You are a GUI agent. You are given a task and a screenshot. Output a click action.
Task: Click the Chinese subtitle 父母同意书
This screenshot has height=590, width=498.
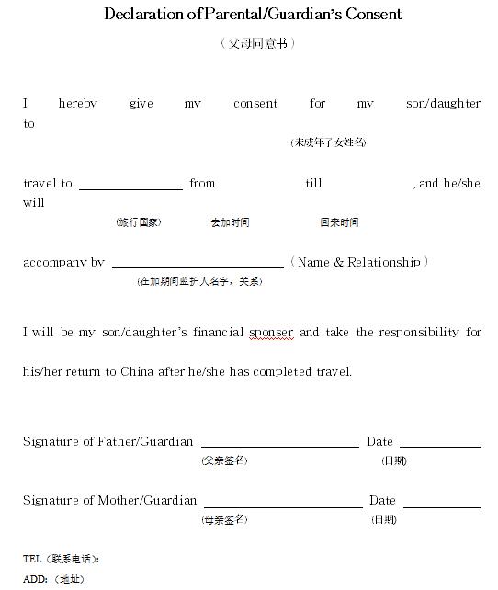click(x=257, y=43)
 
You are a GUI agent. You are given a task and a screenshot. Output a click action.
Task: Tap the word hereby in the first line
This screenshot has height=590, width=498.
click(x=77, y=104)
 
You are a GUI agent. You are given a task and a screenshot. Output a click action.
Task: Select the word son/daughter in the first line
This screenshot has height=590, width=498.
click(x=443, y=104)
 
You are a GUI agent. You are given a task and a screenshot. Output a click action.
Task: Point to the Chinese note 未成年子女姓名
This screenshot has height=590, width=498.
click(x=329, y=142)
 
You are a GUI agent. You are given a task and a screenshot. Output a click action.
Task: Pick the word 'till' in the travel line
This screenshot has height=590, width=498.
click(x=313, y=184)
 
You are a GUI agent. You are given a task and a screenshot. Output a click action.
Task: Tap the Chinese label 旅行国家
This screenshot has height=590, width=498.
click(x=139, y=222)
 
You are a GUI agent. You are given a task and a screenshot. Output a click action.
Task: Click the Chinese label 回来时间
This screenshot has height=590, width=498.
click(x=339, y=222)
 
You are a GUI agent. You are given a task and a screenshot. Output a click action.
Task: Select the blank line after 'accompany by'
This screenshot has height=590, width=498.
click(x=198, y=266)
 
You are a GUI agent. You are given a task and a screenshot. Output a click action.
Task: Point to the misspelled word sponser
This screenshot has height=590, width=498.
click(x=271, y=332)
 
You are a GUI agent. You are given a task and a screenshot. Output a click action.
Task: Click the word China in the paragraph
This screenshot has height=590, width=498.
click(x=137, y=372)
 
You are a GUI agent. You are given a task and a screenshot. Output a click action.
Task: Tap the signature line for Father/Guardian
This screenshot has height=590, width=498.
click(x=279, y=445)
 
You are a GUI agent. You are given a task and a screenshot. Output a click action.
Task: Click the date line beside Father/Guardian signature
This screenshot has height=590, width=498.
click(x=439, y=445)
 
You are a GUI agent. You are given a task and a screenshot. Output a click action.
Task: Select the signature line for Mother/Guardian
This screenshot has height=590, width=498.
click(x=282, y=505)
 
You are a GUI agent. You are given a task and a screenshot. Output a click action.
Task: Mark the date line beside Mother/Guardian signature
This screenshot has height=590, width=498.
click(x=441, y=505)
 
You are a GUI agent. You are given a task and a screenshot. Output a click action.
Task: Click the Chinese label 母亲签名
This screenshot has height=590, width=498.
click(x=224, y=520)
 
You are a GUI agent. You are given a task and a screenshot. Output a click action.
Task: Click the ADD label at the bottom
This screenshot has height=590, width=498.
click(x=35, y=579)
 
